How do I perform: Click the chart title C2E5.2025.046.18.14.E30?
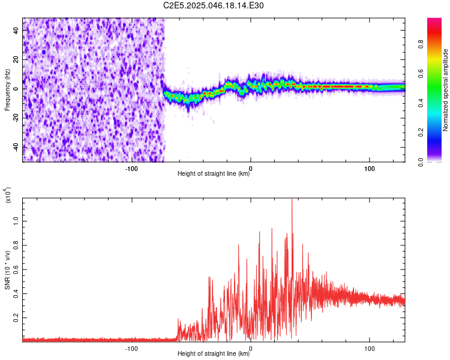(214, 5)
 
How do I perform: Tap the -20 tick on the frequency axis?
(16, 118)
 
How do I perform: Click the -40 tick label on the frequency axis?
(16, 147)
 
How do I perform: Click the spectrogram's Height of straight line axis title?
(214, 174)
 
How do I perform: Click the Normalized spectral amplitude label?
(446, 90)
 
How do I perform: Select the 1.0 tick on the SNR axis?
(16, 220)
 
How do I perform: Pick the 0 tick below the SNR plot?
(250, 348)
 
